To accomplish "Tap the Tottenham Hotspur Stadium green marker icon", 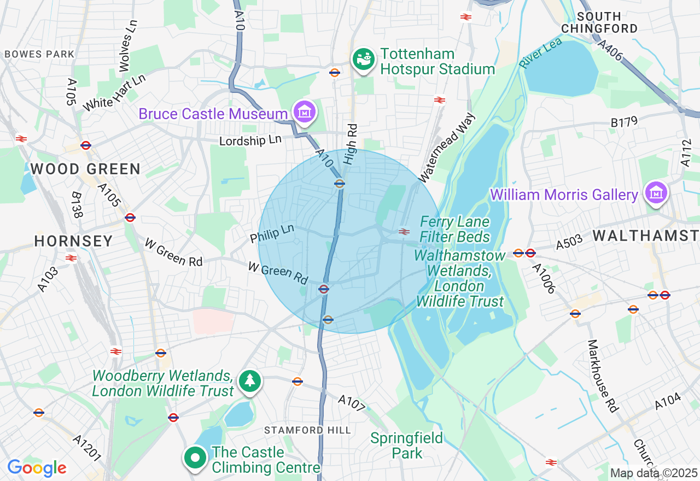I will [x=363, y=60].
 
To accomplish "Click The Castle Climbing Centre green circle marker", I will [x=195, y=459].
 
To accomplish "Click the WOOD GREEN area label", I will [x=85, y=169].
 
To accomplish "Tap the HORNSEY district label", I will [x=73, y=241].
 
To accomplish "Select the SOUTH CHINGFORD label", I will [x=599, y=22].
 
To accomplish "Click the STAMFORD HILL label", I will [x=307, y=430].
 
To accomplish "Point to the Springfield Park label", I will [x=407, y=445].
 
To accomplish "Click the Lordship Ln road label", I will [x=250, y=140].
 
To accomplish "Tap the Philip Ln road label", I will [x=272, y=233].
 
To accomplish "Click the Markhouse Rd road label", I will [x=603, y=376].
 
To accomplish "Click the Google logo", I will [x=37, y=468].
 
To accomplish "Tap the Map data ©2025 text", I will [x=654, y=473].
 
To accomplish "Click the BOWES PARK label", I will [x=39, y=54].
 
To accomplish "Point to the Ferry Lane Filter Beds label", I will [x=455, y=230].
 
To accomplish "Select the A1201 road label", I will [x=87, y=448].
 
